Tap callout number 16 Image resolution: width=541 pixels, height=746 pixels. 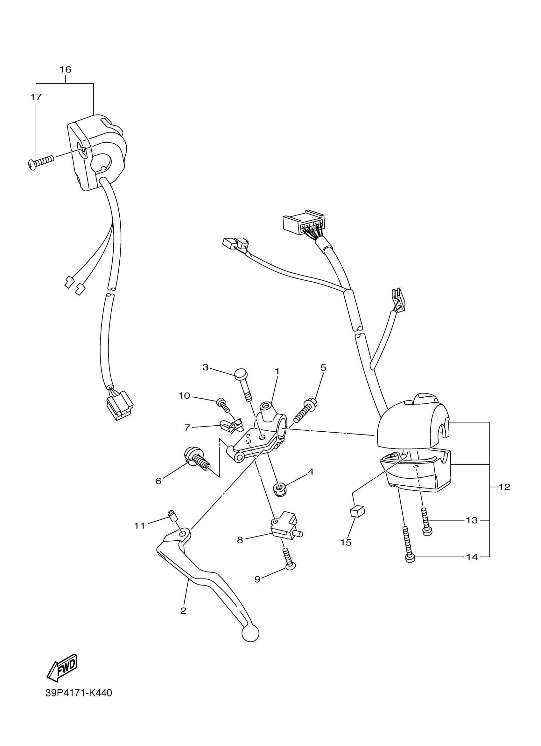point(65,70)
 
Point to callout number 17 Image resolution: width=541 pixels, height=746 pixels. point(36,97)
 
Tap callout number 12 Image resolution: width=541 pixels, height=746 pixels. point(504,487)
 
